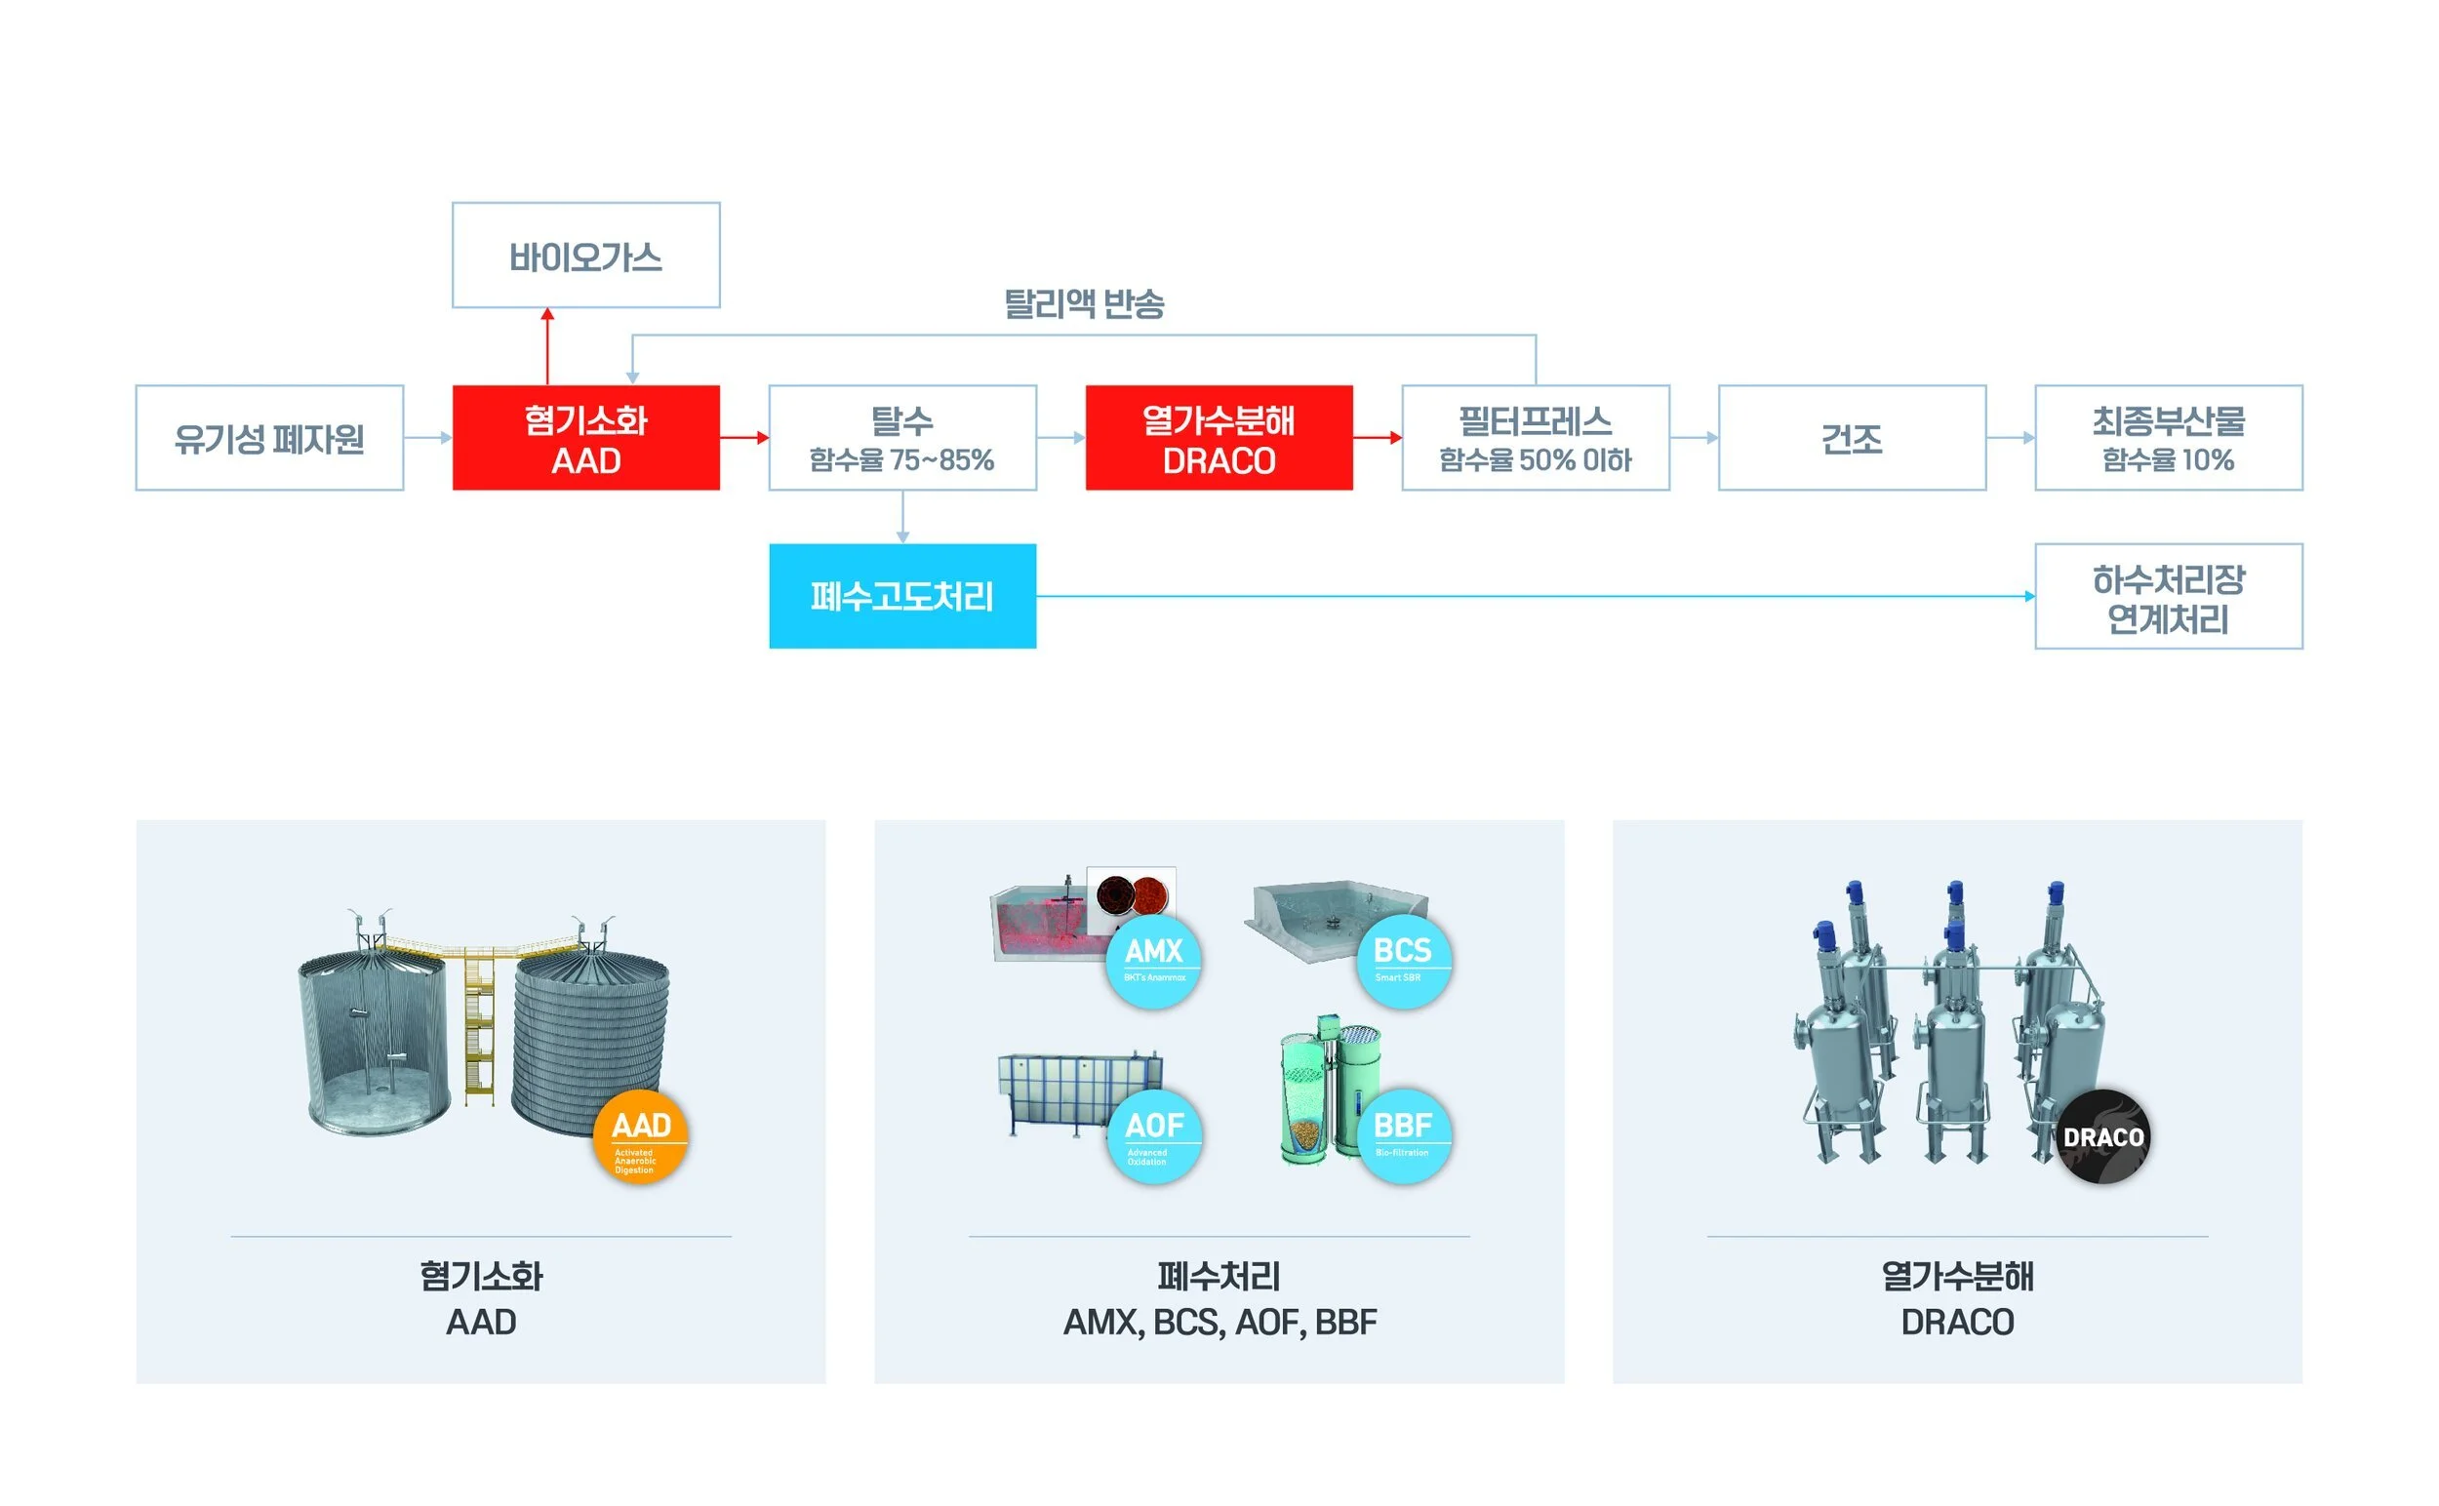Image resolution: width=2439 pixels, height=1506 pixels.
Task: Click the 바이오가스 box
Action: point(585,256)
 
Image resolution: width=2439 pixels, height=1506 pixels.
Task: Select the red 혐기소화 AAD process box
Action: point(585,438)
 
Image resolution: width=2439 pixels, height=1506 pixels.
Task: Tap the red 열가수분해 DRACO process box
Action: point(1219,438)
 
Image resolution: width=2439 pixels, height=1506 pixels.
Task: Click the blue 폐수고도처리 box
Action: point(901,597)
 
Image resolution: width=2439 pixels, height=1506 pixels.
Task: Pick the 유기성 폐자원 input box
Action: point(269,438)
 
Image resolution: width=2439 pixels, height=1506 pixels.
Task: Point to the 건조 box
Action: point(1851,438)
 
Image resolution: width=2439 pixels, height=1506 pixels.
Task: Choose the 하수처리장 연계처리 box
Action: point(2168,598)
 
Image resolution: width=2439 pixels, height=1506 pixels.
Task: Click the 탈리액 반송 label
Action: point(1084,302)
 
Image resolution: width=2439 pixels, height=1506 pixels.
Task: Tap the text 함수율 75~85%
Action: point(901,460)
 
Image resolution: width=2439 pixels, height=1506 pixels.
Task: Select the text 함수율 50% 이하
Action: point(1536,460)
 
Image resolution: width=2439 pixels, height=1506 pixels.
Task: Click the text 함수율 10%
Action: point(2168,460)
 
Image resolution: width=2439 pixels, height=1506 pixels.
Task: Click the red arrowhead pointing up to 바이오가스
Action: point(547,315)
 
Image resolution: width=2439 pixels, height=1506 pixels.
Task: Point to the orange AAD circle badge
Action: point(641,1136)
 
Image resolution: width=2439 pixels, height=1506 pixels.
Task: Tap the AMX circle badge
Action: point(1154,960)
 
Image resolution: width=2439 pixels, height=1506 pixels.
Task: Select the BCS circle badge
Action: point(1403,960)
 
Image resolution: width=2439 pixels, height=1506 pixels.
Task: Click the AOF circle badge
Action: point(1154,1135)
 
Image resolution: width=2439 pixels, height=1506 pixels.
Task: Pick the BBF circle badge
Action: point(1403,1135)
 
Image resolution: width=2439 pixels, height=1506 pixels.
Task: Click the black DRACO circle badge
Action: point(2103,1136)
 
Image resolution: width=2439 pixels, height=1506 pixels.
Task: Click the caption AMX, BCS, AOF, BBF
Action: point(1219,1322)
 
